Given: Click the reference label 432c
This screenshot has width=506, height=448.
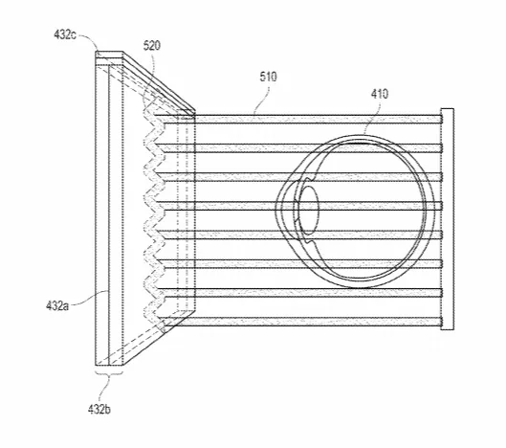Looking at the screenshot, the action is [x=65, y=34].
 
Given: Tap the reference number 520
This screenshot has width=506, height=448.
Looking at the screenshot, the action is [x=152, y=46].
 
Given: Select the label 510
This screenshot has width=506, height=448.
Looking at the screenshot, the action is [x=269, y=77].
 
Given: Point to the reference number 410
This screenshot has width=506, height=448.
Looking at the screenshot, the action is [x=380, y=94].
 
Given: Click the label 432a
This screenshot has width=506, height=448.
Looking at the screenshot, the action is [x=57, y=305].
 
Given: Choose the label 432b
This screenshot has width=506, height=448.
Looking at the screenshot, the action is [x=99, y=410].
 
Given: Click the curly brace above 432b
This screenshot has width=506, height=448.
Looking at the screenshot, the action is [x=109, y=374].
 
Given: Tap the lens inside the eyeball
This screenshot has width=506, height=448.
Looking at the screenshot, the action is [x=308, y=210].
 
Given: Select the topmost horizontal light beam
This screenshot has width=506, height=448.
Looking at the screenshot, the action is [x=318, y=120].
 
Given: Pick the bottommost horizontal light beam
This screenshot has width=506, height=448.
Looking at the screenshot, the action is [x=302, y=322].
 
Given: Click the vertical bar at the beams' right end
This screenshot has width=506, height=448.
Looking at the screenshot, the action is [x=448, y=219].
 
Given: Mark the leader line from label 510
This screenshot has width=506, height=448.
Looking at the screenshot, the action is [x=261, y=99].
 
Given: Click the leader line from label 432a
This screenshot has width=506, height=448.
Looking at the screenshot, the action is [x=89, y=298].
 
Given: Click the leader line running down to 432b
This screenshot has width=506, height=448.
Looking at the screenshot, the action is [x=104, y=391].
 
